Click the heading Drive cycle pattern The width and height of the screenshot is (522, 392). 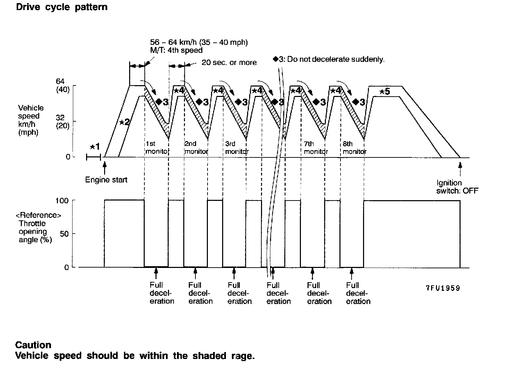click(x=61, y=7)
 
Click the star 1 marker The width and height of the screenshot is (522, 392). click(x=94, y=147)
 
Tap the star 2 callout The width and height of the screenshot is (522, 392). click(x=125, y=122)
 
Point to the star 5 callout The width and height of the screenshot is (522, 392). click(x=385, y=92)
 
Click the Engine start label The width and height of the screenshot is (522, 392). click(x=106, y=180)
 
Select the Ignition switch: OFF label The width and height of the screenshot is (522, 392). click(x=457, y=187)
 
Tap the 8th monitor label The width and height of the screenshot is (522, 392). click(x=354, y=148)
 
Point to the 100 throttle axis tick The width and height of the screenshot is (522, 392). click(x=62, y=201)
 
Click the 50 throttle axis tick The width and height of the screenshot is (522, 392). click(x=64, y=234)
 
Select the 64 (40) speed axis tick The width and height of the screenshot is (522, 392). click(x=62, y=85)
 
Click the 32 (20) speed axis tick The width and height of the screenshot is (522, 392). click(x=62, y=122)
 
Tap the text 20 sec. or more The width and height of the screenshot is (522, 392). click(x=229, y=63)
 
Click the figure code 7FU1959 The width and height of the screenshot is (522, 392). click(x=443, y=288)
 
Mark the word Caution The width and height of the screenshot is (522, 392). click(x=33, y=345)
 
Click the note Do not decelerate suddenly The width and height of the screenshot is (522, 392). click(x=329, y=59)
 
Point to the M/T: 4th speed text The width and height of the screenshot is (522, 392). click(x=176, y=50)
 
